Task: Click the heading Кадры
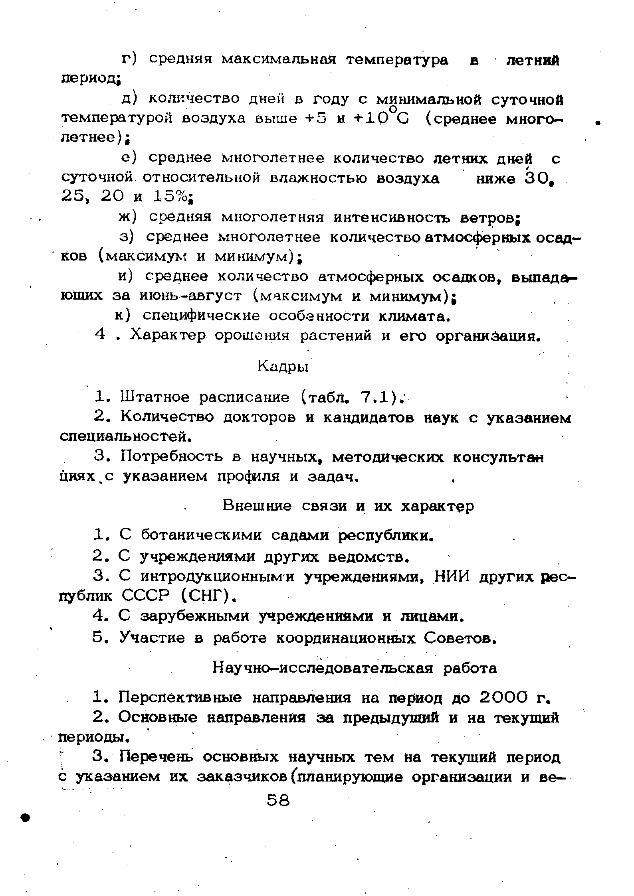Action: coord(283,366)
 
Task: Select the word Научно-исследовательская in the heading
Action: coord(322,668)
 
